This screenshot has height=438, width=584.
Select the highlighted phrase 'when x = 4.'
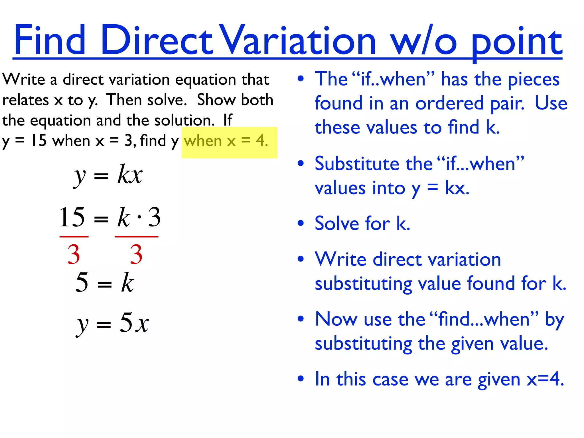pyautogui.click(x=226, y=141)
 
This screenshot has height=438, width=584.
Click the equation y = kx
pyautogui.click(x=108, y=175)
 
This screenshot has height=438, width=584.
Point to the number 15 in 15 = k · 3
pyautogui.click(x=72, y=217)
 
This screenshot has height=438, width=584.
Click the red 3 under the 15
pyautogui.click(x=74, y=254)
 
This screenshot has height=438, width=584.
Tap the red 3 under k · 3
pyautogui.click(x=136, y=254)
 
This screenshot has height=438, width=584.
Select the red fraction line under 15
pyautogui.click(x=74, y=236)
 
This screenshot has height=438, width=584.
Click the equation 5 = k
pyautogui.click(x=105, y=282)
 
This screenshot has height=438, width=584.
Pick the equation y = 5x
pyautogui.click(x=112, y=323)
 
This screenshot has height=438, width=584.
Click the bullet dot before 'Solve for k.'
pyautogui.click(x=301, y=223)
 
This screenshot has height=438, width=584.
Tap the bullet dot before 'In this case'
pyautogui.click(x=301, y=379)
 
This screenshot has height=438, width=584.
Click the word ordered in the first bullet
pyautogui.click(x=449, y=103)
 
